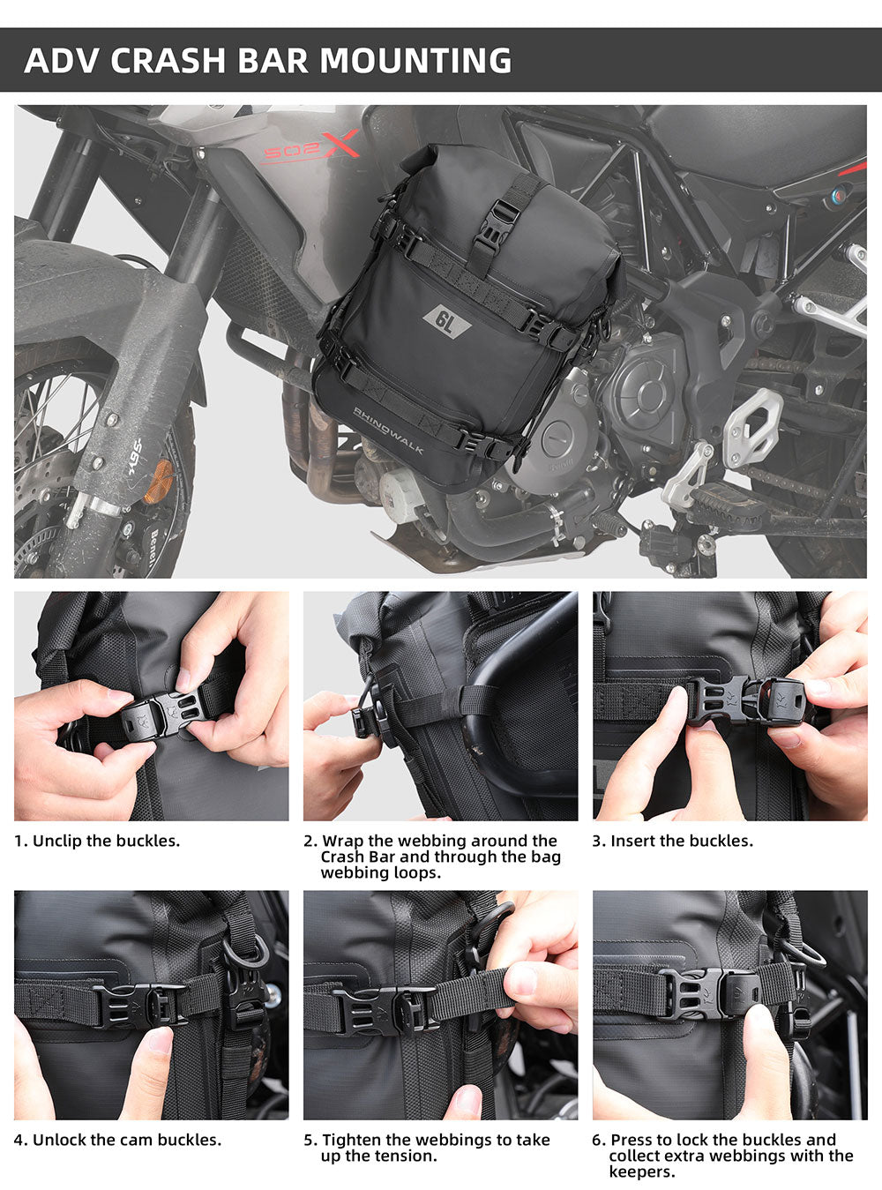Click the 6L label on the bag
[447, 324]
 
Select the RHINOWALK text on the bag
[388, 430]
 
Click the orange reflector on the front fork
[157, 482]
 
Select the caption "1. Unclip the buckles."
[97, 841]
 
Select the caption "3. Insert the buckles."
[673, 841]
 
